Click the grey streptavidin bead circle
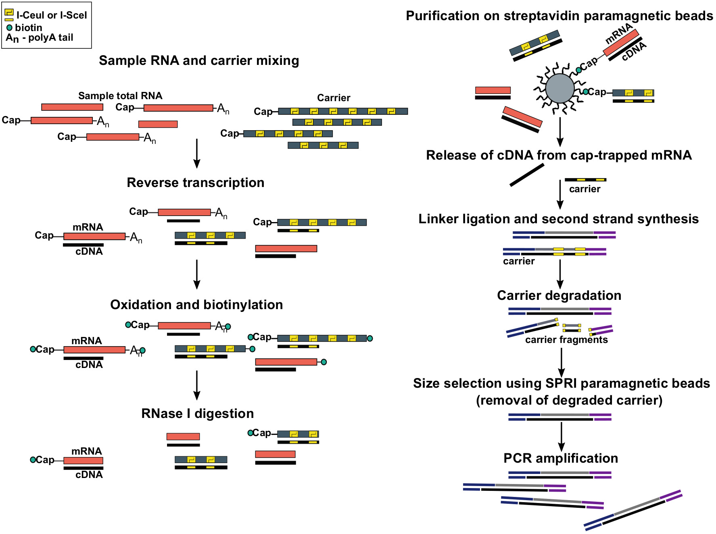559,88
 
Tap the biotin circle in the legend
9,28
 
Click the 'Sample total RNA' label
120,96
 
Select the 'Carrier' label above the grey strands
334,98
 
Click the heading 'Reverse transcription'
196,183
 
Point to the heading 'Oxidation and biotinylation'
196,305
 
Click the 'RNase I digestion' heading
198,413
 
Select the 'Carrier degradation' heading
559,295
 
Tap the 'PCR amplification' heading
561,458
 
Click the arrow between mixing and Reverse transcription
197,153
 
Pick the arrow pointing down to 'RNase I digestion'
197,385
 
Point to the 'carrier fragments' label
566,340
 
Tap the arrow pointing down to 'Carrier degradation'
560,274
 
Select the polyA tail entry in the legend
40,38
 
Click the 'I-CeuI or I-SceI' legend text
52,15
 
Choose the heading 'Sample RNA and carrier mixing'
199,60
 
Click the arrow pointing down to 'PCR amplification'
561,436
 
